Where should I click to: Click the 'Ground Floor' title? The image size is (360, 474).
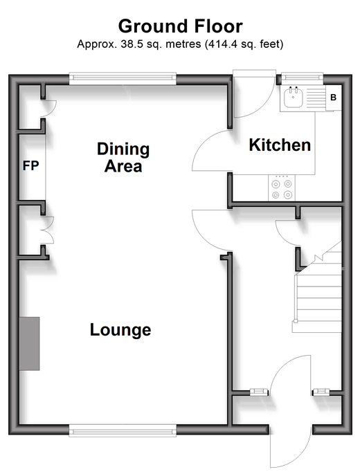tap(180, 26)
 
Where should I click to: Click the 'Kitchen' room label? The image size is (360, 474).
tap(280, 145)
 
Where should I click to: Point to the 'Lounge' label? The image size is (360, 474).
tap(120, 330)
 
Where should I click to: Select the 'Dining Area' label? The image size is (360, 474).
tap(123, 158)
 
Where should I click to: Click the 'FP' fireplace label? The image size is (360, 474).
tap(31, 165)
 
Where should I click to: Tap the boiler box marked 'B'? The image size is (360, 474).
tap(334, 98)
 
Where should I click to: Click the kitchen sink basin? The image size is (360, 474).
tap(293, 97)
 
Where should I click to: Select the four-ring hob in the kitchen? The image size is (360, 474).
tap(282, 188)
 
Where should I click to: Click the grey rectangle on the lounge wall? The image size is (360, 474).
tap(29, 344)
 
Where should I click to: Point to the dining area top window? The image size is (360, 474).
tap(123, 79)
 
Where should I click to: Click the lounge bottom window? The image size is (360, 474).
tap(123, 430)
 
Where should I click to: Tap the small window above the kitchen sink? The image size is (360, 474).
tap(303, 78)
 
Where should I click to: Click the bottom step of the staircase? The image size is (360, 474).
tap(317, 327)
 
